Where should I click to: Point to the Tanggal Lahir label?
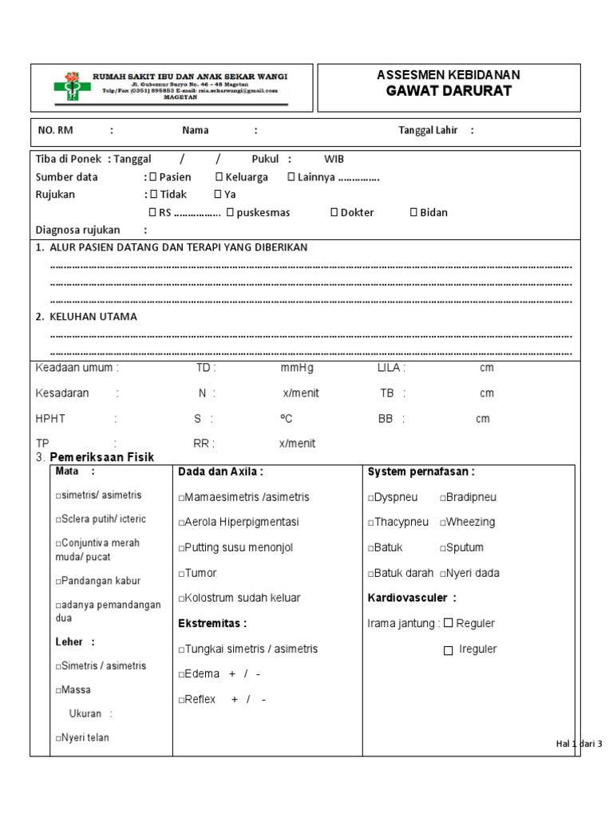(x=428, y=131)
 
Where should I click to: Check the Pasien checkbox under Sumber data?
(x=153, y=177)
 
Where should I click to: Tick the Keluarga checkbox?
(x=219, y=177)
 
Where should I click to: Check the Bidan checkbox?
(x=413, y=212)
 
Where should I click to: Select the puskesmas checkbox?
(x=230, y=212)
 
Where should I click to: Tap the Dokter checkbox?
(x=334, y=212)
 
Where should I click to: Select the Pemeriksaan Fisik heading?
(x=101, y=457)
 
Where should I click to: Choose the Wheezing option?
(x=467, y=522)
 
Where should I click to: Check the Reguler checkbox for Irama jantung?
(x=449, y=622)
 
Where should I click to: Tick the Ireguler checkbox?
(x=449, y=650)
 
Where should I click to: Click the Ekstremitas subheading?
(x=213, y=623)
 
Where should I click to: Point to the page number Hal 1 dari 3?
(x=578, y=744)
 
